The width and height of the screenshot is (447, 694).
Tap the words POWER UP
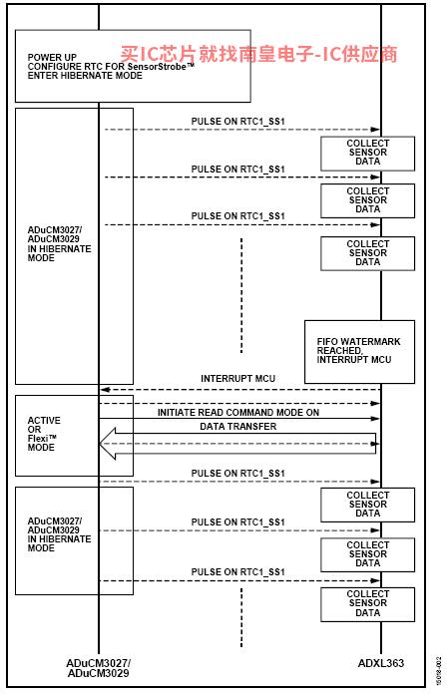pyautogui.click(x=52, y=58)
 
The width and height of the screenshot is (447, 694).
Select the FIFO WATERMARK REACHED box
pyautogui.click(x=359, y=352)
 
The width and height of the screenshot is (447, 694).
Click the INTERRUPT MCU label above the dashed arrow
pyautogui.click(x=237, y=379)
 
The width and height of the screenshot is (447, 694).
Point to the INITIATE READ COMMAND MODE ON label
pyautogui.click(x=238, y=413)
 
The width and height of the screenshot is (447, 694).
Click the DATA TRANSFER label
pyautogui.click(x=237, y=426)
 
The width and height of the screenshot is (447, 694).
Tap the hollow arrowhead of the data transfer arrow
pyautogui.click(x=108, y=444)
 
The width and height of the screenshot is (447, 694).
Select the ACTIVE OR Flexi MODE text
pyautogui.click(x=43, y=434)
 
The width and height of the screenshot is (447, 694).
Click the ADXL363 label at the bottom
pyautogui.click(x=381, y=663)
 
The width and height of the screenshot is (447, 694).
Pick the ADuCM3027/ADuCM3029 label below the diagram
pyautogui.click(x=98, y=668)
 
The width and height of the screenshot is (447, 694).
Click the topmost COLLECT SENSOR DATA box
pyautogui.click(x=368, y=154)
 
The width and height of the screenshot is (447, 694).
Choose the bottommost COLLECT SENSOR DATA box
pyautogui.click(x=368, y=604)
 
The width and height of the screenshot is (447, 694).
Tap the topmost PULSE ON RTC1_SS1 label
pyautogui.click(x=237, y=122)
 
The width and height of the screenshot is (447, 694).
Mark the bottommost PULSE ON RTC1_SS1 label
pyautogui.click(x=237, y=571)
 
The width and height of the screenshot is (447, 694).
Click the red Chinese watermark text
pyautogui.click(x=258, y=54)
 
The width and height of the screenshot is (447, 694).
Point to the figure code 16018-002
pyautogui.click(x=439, y=671)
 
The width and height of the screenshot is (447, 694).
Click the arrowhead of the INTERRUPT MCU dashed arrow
pyautogui.click(x=105, y=390)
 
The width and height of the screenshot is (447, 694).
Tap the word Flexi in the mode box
pyautogui.click(x=38, y=438)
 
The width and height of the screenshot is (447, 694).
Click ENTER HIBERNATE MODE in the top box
pyautogui.click(x=85, y=76)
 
